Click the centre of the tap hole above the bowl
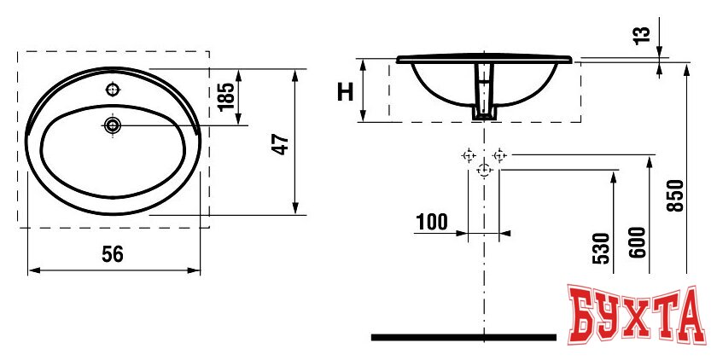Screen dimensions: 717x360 click(113, 90)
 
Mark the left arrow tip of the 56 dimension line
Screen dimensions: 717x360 click(28, 271)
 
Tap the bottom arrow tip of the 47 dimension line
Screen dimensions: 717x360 click(295, 214)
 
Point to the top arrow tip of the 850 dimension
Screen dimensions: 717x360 click(686, 65)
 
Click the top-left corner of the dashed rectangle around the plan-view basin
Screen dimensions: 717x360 click(18, 52)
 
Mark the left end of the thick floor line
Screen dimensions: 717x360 click(371, 338)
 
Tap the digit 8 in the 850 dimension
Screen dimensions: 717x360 click(676, 206)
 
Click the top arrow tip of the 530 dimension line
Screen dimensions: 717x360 click(613, 172)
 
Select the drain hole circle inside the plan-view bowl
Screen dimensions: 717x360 click(113, 125)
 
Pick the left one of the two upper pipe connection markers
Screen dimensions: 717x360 click(469, 155)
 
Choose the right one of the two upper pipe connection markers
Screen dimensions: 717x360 click(499, 155)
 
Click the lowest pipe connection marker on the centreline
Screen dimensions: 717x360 click(484, 170)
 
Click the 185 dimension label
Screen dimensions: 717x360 click(226, 97)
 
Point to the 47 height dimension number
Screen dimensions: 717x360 click(281, 144)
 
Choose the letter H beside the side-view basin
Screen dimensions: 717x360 click(345, 92)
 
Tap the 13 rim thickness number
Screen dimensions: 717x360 click(643, 35)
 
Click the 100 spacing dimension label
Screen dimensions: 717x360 click(432, 222)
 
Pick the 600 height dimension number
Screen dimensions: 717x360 click(639, 242)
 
